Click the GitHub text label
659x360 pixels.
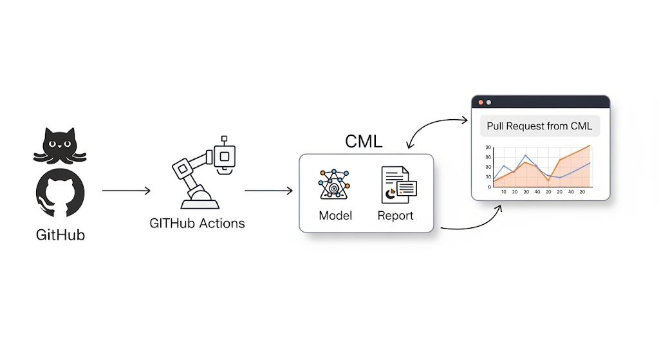tap(60, 235)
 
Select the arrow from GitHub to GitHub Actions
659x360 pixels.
tap(126, 191)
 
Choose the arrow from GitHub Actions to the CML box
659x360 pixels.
tap(269, 191)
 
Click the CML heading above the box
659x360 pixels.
tap(364, 141)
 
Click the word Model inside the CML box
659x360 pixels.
tap(335, 216)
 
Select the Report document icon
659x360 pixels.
tap(397, 185)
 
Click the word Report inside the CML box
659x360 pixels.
tap(395, 216)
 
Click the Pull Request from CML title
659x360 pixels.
tap(539, 126)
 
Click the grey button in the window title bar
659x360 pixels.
tap(488, 102)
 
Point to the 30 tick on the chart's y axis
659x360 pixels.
tap(488, 147)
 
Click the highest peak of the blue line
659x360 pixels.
tap(526, 155)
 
